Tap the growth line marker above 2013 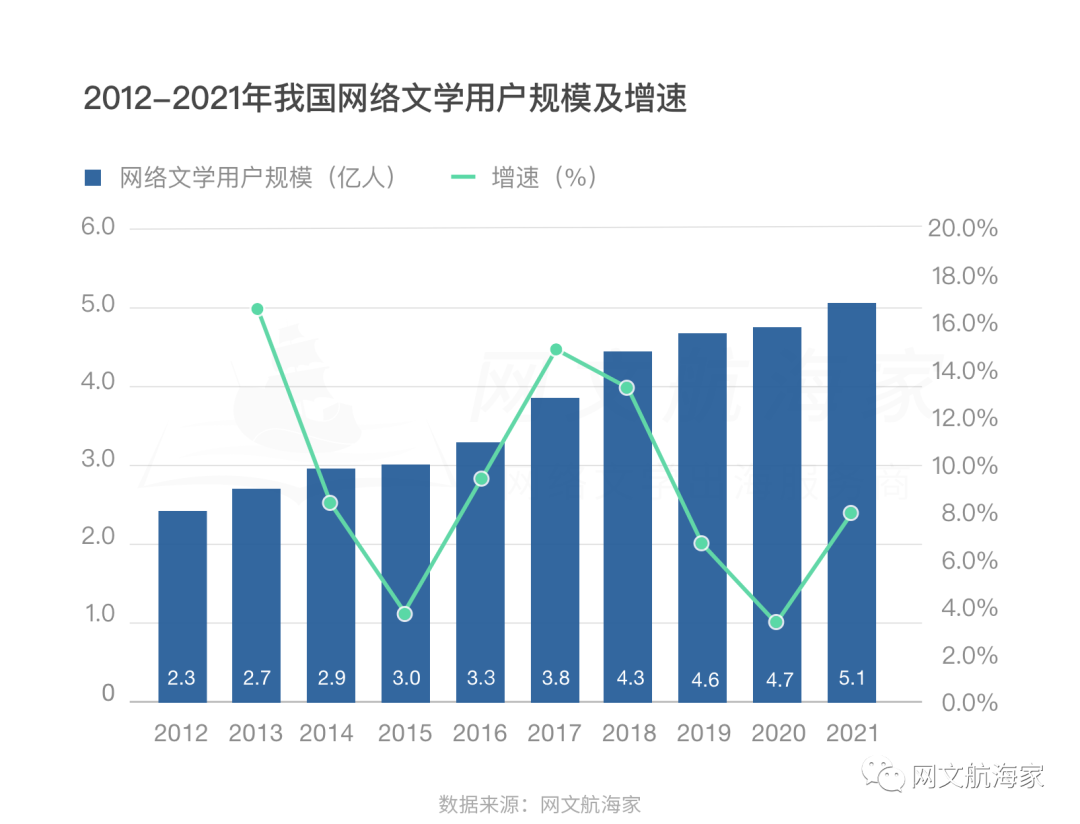tap(257, 309)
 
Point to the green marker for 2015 tap(405, 614)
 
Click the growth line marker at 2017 tap(556, 350)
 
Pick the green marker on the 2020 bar tap(776, 622)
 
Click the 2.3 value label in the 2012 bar tap(181, 678)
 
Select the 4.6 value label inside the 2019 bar tap(705, 680)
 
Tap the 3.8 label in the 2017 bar tap(555, 678)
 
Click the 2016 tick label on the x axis tap(480, 734)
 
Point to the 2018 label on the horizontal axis tap(629, 734)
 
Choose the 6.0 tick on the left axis tap(98, 227)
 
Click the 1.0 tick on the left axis tap(98, 616)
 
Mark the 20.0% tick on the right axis tap(963, 229)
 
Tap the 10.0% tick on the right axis tap(963, 467)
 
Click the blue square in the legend tap(93, 178)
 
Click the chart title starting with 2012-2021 tap(385, 100)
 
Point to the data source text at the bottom tap(539, 803)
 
